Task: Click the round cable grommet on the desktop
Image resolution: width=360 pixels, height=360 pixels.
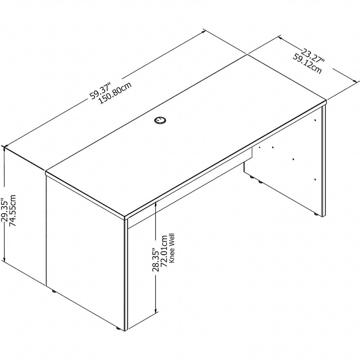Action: (160, 120)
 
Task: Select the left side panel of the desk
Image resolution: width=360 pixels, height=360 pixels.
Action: (85, 252)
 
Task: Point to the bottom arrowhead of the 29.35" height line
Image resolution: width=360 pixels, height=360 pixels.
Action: (4, 260)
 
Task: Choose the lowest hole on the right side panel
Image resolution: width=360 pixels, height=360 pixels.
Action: (316, 180)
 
